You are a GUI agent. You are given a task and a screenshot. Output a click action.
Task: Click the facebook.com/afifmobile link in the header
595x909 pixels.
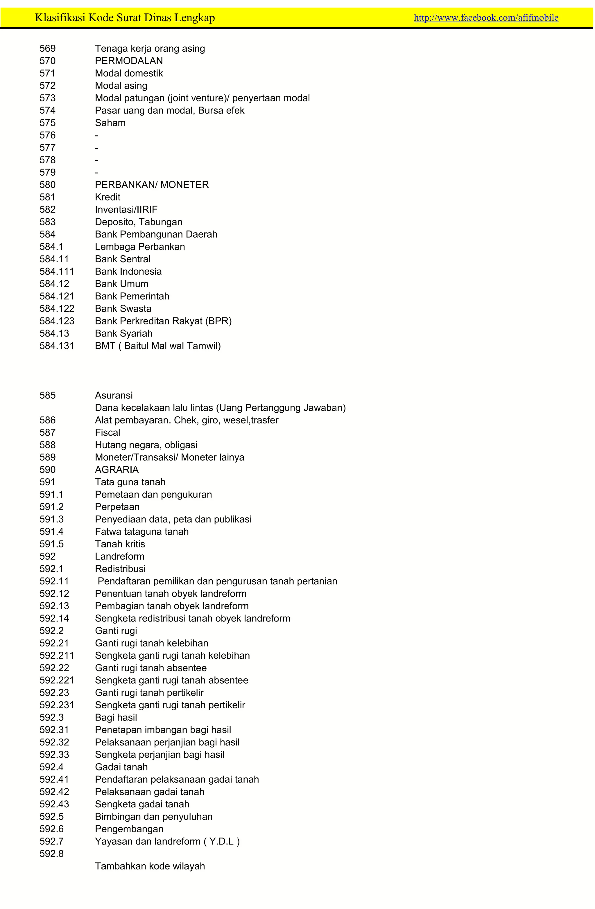486,17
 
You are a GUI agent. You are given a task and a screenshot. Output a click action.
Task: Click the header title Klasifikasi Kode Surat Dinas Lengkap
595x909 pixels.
125,17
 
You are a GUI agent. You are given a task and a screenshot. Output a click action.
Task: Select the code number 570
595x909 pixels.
48,61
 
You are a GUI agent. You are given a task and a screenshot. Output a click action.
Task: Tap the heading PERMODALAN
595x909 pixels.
129,61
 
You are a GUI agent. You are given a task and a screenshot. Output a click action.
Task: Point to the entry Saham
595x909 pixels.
110,123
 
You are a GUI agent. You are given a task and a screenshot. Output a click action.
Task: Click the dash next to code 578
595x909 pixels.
97,160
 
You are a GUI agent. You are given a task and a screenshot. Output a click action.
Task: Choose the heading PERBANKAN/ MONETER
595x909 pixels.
152,185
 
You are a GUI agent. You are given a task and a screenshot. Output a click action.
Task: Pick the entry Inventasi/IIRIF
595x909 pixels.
126,210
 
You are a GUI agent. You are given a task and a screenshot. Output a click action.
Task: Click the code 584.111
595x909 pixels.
57,272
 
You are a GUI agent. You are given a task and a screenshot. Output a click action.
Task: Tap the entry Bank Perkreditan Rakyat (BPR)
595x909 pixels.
163,321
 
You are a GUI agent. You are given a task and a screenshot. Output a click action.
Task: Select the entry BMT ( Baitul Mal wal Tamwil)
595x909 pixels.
158,346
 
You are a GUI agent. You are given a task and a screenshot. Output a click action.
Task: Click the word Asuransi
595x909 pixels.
114,395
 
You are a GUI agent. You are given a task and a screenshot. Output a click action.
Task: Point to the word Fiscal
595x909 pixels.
107,432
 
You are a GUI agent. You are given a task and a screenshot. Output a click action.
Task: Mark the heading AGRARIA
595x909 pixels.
117,470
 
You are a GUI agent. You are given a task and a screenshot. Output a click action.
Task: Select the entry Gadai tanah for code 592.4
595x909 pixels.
121,767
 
